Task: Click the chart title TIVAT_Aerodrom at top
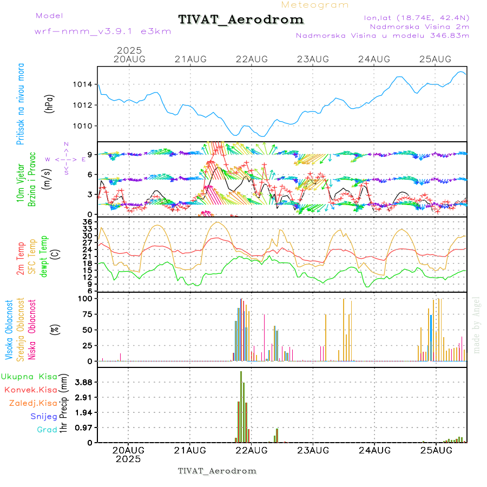(241, 19)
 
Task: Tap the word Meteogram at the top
(315, 5)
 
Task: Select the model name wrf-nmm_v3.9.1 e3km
(103, 31)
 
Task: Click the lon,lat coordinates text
(416, 17)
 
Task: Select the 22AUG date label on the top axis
(252, 59)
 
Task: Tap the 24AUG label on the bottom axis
(374, 450)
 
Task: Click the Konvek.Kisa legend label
(30, 390)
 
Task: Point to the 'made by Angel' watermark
(477, 325)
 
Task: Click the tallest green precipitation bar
(241, 406)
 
